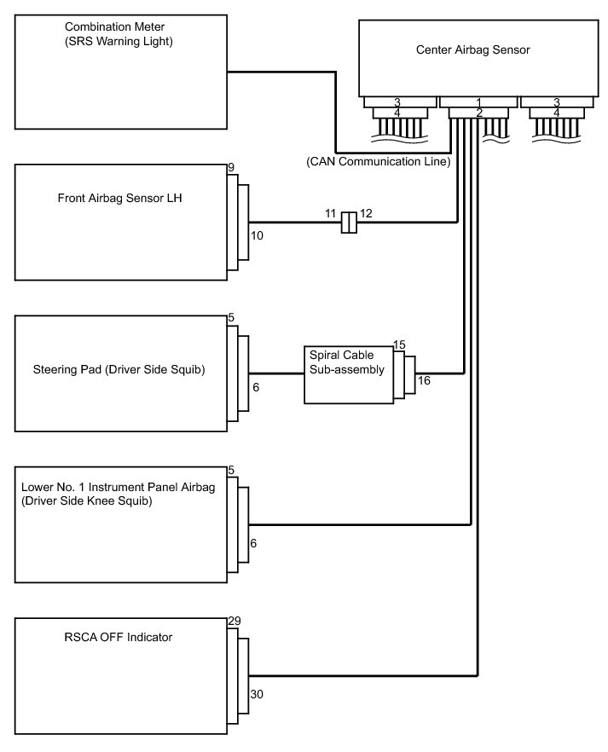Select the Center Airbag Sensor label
[472, 49]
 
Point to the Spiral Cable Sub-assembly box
[348, 373]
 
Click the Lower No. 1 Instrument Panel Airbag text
[116, 487]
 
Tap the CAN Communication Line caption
[378, 160]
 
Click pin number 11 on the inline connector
[332, 212]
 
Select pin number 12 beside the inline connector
[366, 212]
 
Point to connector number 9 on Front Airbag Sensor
[231, 168]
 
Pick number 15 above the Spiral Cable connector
[398, 344]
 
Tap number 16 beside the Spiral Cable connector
[424, 381]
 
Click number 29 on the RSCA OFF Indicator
[235, 623]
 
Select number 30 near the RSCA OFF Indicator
[258, 695]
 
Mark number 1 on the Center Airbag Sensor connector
[478, 102]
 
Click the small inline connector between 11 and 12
[348, 223]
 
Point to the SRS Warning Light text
[119, 42]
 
